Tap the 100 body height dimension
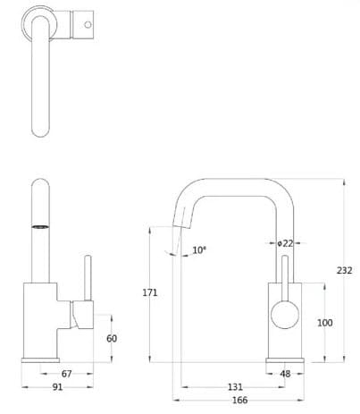tap(324, 322)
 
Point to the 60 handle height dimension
tap(112, 339)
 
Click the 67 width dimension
tap(67, 374)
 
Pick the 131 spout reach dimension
tap(234, 387)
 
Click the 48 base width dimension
tap(286, 374)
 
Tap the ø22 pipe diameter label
tap(285, 243)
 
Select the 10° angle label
tap(199, 250)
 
